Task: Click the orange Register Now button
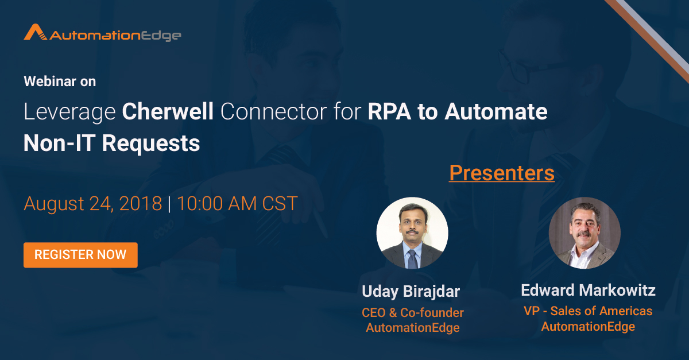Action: pyautogui.click(x=80, y=255)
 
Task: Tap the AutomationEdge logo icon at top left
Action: pyautogui.click(x=35, y=33)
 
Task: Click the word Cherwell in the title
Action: pyautogui.click(x=168, y=113)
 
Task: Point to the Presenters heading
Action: pyautogui.click(x=501, y=173)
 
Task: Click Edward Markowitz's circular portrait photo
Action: pyautogui.click(x=584, y=233)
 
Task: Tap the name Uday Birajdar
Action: pyautogui.click(x=411, y=292)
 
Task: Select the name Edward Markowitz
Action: pyautogui.click(x=588, y=290)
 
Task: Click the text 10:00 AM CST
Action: pyautogui.click(x=237, y=204)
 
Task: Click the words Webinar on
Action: pyautogui.click(x=60, y=82)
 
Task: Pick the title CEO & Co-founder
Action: pyautogui.click(x=412, y=313)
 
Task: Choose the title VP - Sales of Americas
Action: pyautogui.click(x=588, y=311)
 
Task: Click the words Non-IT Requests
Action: pyautogui.click(x=111, y=143)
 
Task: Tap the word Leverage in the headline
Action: pyautogui.click(x=69, y=113)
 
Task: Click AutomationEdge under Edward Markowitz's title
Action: pyautogui.click(x=588, y=327)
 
